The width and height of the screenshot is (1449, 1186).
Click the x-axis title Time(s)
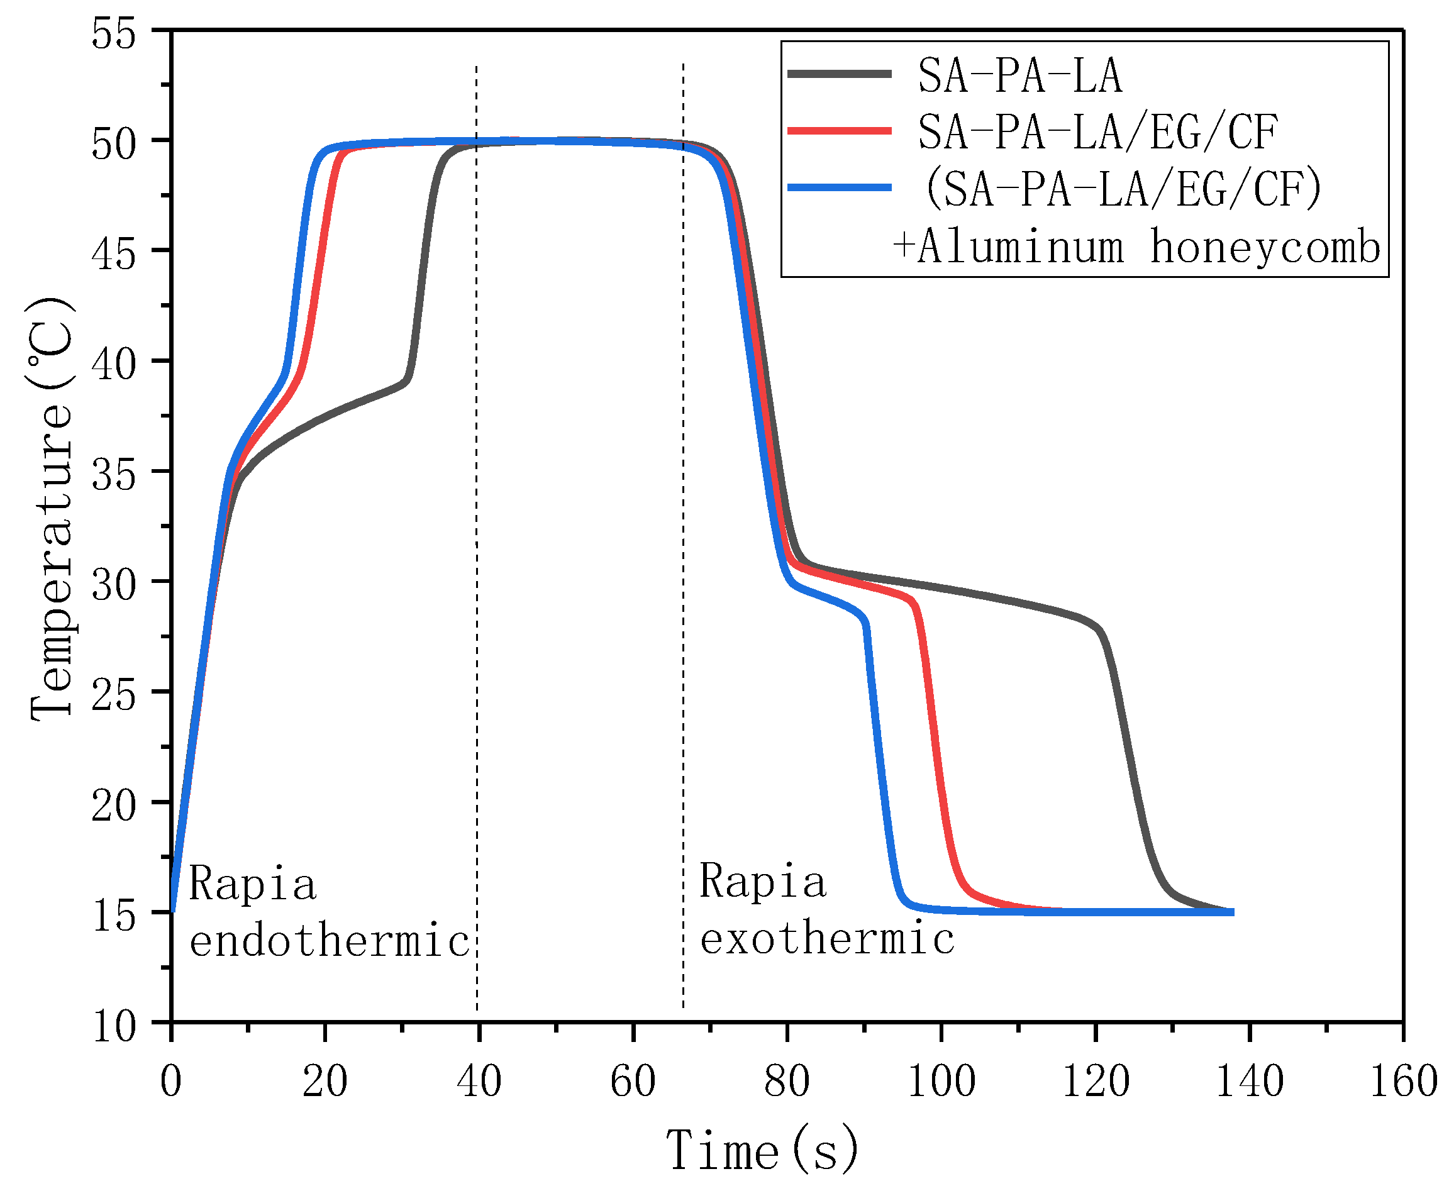point(762,1151)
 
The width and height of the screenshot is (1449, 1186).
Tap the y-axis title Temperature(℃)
point(51,509)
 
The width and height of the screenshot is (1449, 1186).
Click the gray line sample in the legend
point(839,74)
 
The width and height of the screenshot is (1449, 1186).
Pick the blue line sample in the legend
point(839,187)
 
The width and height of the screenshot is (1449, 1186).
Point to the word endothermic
point(330,941)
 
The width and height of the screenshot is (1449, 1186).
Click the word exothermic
point(826,939)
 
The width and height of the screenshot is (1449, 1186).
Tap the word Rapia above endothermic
point(252,884)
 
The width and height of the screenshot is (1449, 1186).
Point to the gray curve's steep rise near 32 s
point(423,274)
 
